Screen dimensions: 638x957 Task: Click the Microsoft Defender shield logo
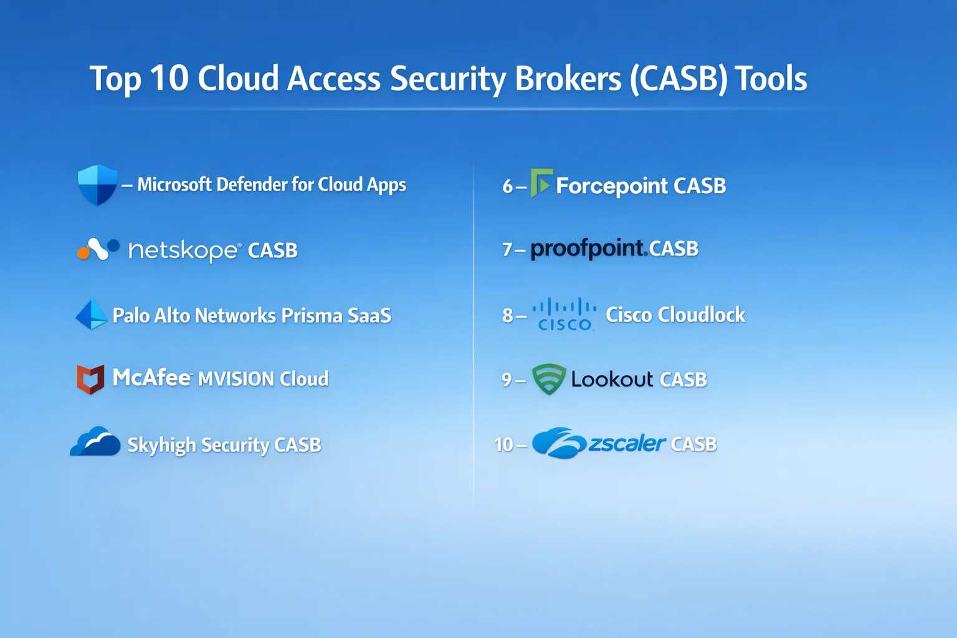click(x=97, y=184)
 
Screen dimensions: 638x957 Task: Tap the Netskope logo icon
click(x=98, y=249)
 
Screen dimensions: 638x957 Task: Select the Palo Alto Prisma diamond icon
click(x=92, y=315)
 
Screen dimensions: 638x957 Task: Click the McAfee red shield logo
click(x=90, y=379)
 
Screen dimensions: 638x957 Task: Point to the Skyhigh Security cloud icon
click(x=95, y=442)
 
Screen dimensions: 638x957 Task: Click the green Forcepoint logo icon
click(x=541, y=183)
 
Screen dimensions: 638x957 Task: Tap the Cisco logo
click(x=564, y=314)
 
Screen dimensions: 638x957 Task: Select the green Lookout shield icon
click(x=549, y=379)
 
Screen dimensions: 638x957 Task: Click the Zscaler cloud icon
click(x=558, y=443)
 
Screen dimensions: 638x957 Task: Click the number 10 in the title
click(x=169, y=79)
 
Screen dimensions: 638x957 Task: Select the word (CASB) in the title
click(x=678, y=80)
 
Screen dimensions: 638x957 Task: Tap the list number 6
click(x=508, y=186)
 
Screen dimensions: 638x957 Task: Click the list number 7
click(x=507, y=250)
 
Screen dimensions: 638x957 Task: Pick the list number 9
click(x=507, y=379)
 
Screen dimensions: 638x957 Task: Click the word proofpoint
click(x=588, y=249)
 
